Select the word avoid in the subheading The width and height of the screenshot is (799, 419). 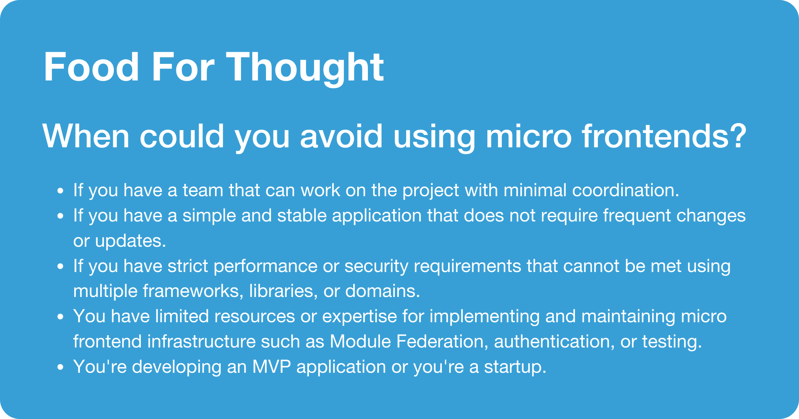pyautogui.click(x=342, y=136)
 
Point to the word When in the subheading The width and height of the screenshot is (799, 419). pyautogui.click(x=86, y=136)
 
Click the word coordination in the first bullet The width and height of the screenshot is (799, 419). pyautogui.click(x=623, y=191)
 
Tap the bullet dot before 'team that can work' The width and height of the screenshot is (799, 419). pyautogui.click(x=60, y=191)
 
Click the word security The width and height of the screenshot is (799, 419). pyautogui.click(x=376, y=266)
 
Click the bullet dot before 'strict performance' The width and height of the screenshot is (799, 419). pyautogui.click(x=60, y=267)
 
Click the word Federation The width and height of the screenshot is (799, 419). pyautogui.click(x=440, y=342)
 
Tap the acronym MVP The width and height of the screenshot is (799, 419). pyautogui.click(x=272, y=367)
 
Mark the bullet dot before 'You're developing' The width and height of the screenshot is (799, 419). pyautogui.click(x=60, y=367)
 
